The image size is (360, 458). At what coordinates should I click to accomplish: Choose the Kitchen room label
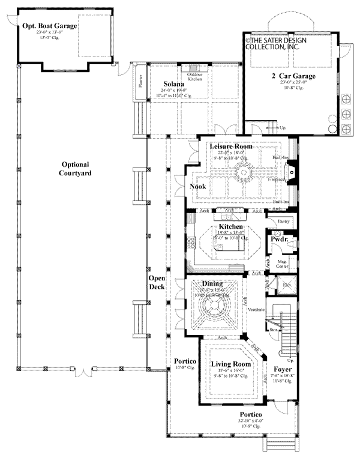pyautogui.click(x=231, y=226)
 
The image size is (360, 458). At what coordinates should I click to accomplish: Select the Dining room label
pyautogui.click(x=212, y=284)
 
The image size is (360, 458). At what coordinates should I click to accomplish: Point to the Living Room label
pyautogui.click(x=226, y=364)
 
